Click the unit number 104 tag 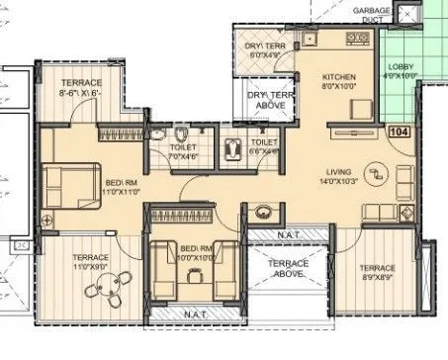pos(400,131)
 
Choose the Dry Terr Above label pos(270,100)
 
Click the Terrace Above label pos(287,270)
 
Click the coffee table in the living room pos(375,173)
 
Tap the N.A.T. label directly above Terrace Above pos(287,231)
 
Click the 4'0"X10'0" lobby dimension pos(400,75)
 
